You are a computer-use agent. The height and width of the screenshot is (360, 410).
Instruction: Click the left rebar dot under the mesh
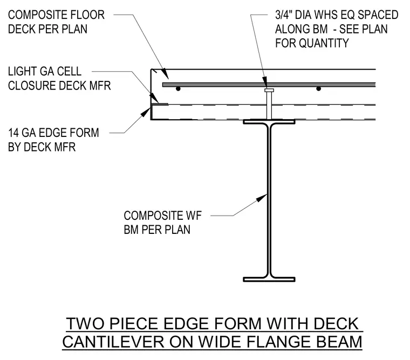tap(178, 89)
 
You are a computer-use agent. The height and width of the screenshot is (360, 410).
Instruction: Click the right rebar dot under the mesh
tap(318, 89)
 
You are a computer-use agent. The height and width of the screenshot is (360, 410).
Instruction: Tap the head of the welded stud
tap(269, 91)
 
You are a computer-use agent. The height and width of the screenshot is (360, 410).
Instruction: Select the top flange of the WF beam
tap(269, 121)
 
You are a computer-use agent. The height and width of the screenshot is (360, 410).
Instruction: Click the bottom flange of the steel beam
tap(269, 279)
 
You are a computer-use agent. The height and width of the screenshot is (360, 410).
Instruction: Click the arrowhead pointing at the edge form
tap(145, 112)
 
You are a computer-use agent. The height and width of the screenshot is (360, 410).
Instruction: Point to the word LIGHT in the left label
tap(23, 71)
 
